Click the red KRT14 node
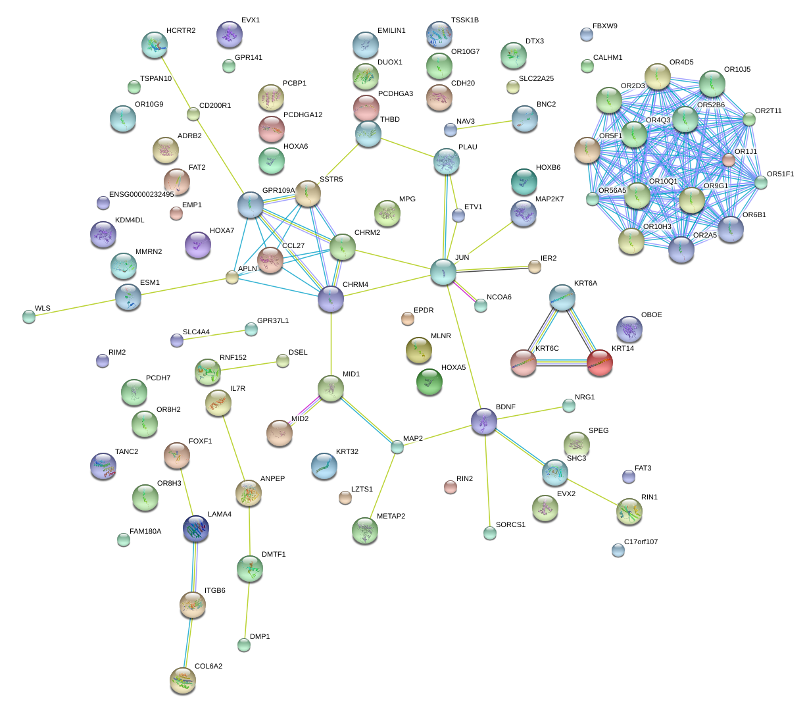[x=599, y=363]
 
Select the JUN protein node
[x=443, y=272]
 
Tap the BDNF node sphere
[x=485, y=421]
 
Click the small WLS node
[x=28, y=317]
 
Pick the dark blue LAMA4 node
[x=195, y=529]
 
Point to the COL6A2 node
[x=182, y=680]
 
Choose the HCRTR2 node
[x=154, y=45]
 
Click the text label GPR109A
[x=278, y=191]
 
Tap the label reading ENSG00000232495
[x=141, y=194]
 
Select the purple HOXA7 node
[x=199, y=245]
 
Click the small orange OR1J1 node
[x=728, y=160]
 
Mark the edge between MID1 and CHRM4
[x=331, y=342]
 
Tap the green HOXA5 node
[x=429, y=382]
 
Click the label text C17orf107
[x=641, y=542]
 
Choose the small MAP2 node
[x=397, y=447]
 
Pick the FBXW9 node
[x=587, y=34]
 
